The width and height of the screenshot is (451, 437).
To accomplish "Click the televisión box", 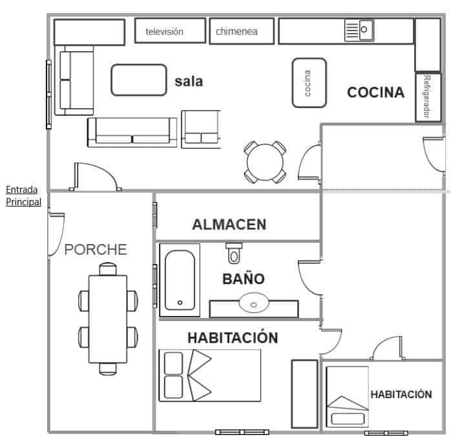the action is [x=171, y=30].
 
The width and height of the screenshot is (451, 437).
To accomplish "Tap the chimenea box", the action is [x=242, y=31].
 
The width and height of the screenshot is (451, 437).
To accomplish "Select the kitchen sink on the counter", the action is [x=359, y=30].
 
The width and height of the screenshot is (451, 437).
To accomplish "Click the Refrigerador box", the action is [x=428, y=97].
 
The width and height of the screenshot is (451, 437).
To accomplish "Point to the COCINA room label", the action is [x=375, y=92].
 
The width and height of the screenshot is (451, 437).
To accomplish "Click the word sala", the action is [x=189, y=82].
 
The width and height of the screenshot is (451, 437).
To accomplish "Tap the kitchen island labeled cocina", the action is [x=309, y=83].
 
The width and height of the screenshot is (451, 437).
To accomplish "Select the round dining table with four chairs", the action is [x=265, y=162].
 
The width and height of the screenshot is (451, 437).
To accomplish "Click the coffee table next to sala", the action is [x=139, y=80].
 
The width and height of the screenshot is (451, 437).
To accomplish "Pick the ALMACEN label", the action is [x=229, y=225].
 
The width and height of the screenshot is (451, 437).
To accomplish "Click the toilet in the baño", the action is [x=234, y=253].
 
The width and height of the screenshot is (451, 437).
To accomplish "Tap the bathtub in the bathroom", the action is [x=180, y=280].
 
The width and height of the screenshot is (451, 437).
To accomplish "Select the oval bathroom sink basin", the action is [x=254, y=303].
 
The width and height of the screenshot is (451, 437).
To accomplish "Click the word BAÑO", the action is [x=244, y=278].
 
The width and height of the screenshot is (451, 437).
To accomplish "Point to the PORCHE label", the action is [x=96, y=250].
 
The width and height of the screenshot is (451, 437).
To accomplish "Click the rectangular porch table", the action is [x=108, y=319].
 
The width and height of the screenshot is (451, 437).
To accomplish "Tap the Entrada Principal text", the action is [x=23, y=196].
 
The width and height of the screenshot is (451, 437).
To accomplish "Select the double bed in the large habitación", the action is [x=210, y=375].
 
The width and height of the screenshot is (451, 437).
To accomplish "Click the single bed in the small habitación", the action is [x=348, y=397].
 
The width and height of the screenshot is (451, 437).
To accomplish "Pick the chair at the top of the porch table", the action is [x=108, y=269].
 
